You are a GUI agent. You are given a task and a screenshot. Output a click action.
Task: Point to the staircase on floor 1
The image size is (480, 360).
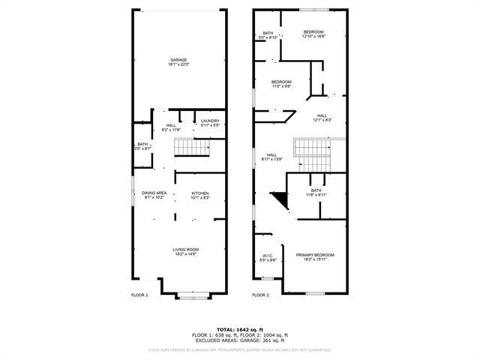(x=190, y=150)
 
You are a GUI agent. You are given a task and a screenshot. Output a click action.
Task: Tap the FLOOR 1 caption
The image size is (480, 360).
(x=139, y=295)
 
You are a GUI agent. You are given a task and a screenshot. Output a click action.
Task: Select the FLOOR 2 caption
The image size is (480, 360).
(x=260, y=295)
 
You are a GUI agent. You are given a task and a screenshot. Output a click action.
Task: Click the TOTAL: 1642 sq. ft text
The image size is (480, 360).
(x=239, y=329)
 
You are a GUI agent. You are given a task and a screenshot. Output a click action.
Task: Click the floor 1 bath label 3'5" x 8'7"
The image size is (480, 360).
(x=142, y=146)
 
